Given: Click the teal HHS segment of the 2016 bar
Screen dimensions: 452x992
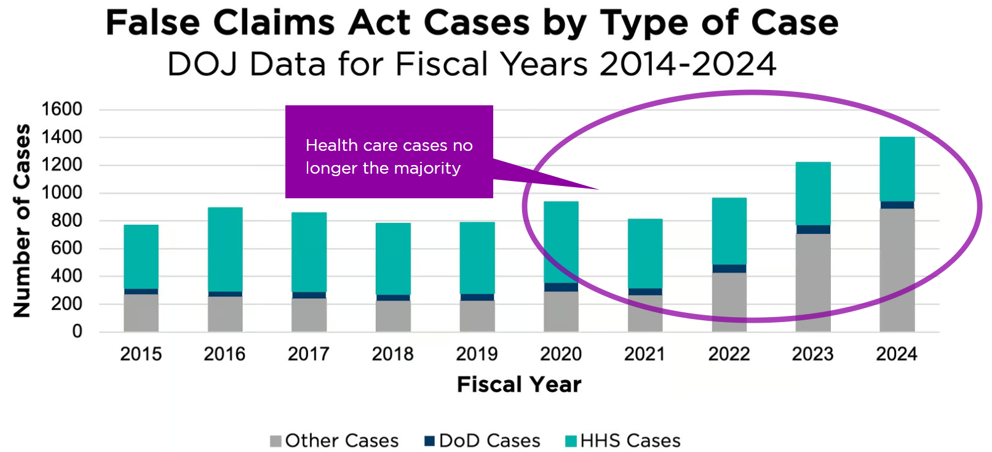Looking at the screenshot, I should tap(225, 249).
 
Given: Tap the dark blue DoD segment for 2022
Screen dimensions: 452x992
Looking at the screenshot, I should tap(729, 268).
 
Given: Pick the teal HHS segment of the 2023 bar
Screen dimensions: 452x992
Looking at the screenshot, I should tap(813, 193).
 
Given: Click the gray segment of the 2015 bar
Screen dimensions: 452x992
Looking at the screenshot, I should tap(141, 313).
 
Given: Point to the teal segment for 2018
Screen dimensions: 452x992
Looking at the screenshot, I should tap(393, 259).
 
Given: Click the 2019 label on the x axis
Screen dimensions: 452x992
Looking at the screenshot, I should tap(477, 354).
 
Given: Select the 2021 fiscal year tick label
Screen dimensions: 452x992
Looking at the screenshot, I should tap(645, 354).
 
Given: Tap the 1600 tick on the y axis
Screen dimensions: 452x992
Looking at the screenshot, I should tap(62, 109).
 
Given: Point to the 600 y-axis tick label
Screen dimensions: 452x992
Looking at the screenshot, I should tap(66, 248).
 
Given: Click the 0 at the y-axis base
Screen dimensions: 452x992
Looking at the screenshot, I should tap(77, 331).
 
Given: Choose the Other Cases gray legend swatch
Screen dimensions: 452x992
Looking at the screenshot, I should tap(276, 441).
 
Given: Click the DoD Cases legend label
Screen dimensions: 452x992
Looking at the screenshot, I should tap(490, 441).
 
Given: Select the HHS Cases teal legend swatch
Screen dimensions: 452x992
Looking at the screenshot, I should tap(571, 441).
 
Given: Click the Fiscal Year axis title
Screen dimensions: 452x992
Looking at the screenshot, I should tap(518, 385).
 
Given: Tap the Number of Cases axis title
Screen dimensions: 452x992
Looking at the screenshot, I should tap(22, 220).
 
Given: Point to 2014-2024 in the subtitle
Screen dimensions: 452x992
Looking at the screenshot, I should tap(688, 64).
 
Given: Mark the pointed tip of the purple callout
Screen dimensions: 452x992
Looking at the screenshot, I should tap(598, 188).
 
